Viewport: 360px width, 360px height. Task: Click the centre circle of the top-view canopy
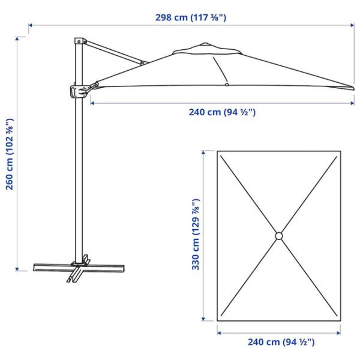pos(279,236)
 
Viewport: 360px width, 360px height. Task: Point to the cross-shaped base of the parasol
pos(79,269)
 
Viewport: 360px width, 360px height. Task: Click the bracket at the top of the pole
pos(80,41)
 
